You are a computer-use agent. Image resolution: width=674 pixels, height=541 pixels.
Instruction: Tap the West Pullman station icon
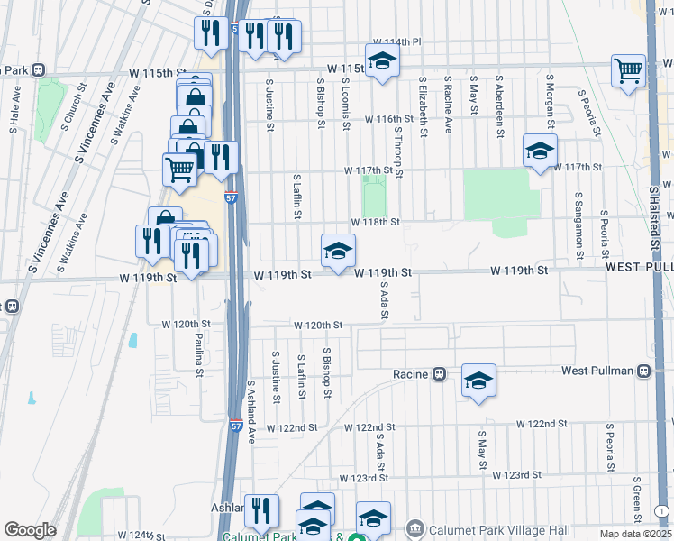point(643,371)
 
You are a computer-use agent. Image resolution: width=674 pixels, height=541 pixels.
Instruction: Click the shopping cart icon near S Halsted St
point(628,70)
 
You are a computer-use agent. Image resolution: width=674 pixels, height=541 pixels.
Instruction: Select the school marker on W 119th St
point(338,252)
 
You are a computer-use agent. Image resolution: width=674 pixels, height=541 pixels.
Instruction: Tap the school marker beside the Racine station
point(479,381)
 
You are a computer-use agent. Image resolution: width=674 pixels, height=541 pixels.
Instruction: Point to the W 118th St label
point(375,221)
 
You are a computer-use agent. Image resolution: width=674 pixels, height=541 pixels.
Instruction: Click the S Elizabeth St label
point(422,105)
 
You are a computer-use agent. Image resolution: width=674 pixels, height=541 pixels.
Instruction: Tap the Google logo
point(29,530)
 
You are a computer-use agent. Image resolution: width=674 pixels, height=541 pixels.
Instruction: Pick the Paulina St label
point(198,352)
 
